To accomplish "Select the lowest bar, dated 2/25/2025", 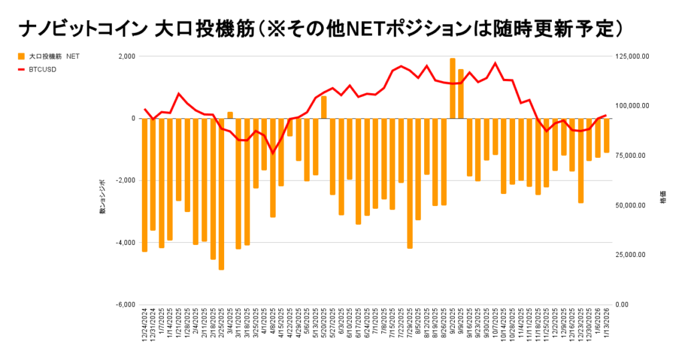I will [221, 194].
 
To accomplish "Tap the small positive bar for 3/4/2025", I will [230, 115].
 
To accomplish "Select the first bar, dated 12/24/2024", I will [144, 185].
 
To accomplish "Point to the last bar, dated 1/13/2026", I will [607, 136].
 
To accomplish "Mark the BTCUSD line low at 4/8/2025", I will [272, 153].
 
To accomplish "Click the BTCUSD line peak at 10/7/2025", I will [495, 64].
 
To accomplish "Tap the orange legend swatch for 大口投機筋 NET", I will [22, 56].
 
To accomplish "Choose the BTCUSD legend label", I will [42, 69].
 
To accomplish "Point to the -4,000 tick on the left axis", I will [125, 243].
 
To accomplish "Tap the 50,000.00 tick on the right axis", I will [631, 205].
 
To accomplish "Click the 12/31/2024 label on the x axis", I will [153, 326].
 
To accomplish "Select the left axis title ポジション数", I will [102, 196].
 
